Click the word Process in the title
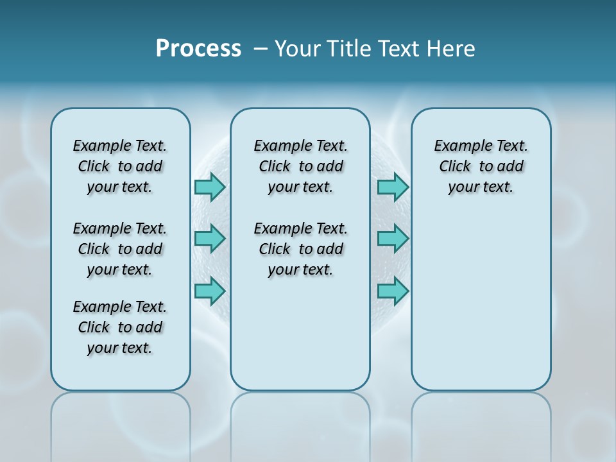coord(198,49)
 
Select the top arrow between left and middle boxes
coord(210,187)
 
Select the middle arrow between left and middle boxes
coord(210,239)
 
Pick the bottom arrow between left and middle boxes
coord(210,291)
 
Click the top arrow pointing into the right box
coord(393,187)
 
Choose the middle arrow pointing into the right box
coord(393,239)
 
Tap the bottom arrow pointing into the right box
coord(393,291)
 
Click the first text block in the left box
coord(120,166)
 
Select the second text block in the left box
coord(120,249)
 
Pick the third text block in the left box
coord(120,327)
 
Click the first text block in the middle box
coord(301,166)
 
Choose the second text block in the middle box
coord(301,249)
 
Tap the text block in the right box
coord(481,166)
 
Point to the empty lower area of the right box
coord(481,308)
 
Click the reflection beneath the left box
coord(121,424)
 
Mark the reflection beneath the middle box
coord(300,424)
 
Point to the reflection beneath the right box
coord(481,424)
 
